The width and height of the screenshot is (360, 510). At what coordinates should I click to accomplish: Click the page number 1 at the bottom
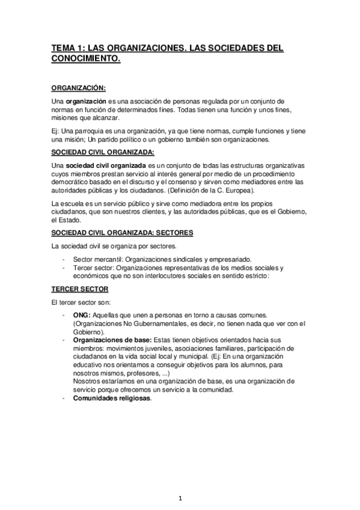pos(180,497)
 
